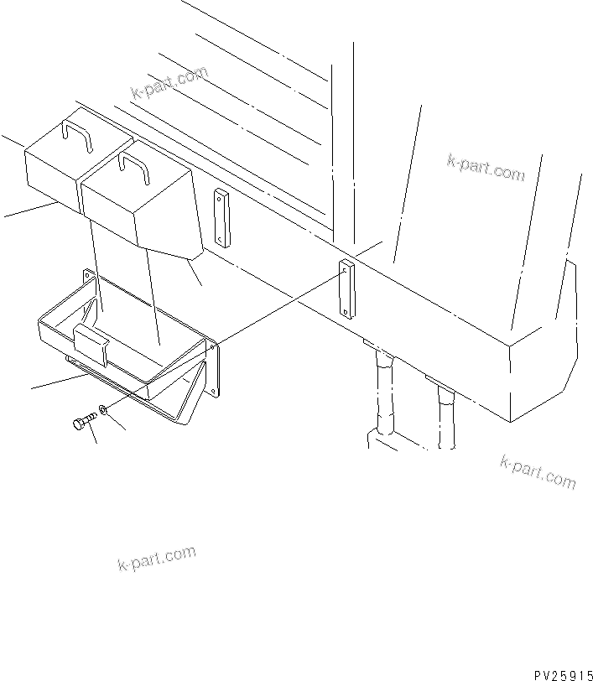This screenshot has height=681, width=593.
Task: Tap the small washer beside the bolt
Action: (x=101, y=410)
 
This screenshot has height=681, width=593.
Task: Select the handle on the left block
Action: (x=77, y=136)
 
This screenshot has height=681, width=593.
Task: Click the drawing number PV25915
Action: (x=561, y=673)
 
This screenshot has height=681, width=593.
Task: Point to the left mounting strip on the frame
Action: (x=221, y=217)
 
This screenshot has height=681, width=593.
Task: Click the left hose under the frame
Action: (x=383, y=394)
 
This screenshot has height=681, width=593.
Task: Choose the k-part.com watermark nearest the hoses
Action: (x=538, y=471)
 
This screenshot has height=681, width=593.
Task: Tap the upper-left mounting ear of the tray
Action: (x=86, y=278)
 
